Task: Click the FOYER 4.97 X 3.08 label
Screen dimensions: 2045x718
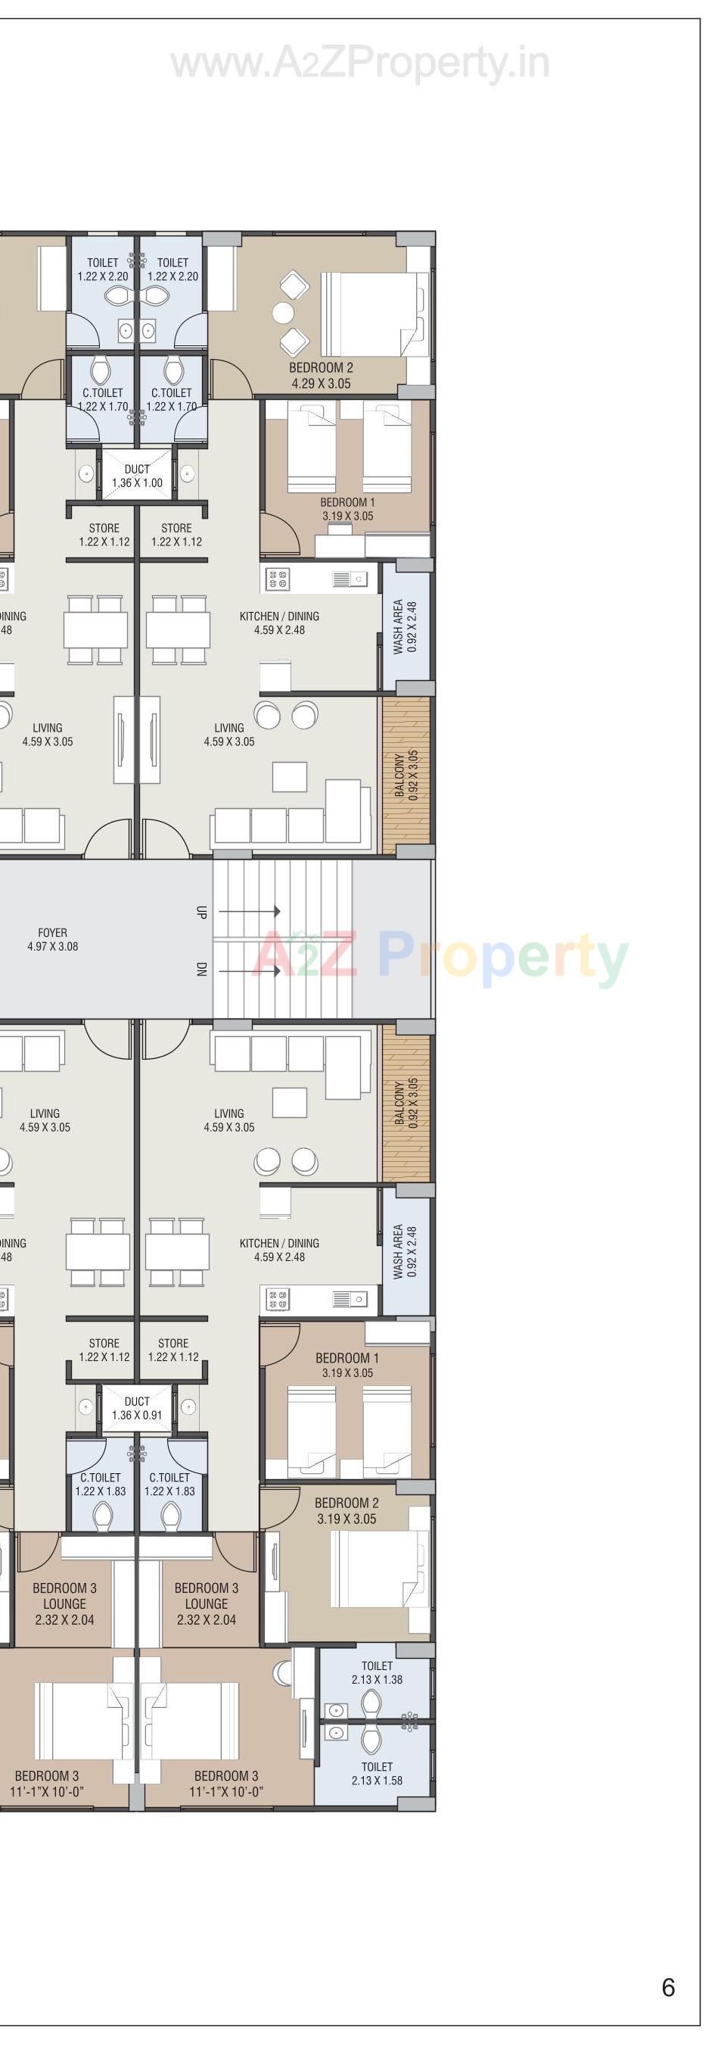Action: pos(52,939)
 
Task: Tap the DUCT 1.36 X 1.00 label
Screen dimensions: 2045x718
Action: pos(136,476)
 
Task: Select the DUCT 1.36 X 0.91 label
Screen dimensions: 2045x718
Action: pos(136,1408)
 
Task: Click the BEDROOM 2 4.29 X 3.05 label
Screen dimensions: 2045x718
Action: pos(321,376)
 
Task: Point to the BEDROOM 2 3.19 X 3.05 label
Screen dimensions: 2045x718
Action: pos(347,1511)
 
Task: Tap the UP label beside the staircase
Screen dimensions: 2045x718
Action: pos(200,911)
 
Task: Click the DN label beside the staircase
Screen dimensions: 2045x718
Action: pos(200,970)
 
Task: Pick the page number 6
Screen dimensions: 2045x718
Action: pos(668,1987)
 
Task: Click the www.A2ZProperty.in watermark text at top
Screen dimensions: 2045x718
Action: pos(359,64)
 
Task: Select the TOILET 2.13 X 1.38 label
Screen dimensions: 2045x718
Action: pos(377,1672)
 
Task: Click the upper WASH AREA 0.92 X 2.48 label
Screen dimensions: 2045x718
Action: pos(405,627)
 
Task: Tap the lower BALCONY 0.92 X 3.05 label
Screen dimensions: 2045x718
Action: pos(405,1104)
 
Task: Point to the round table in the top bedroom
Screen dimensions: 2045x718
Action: pos(283,313)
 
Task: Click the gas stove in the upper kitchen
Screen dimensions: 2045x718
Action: pos(277,580)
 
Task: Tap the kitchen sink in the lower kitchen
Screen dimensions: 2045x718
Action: pos(350,1300)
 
